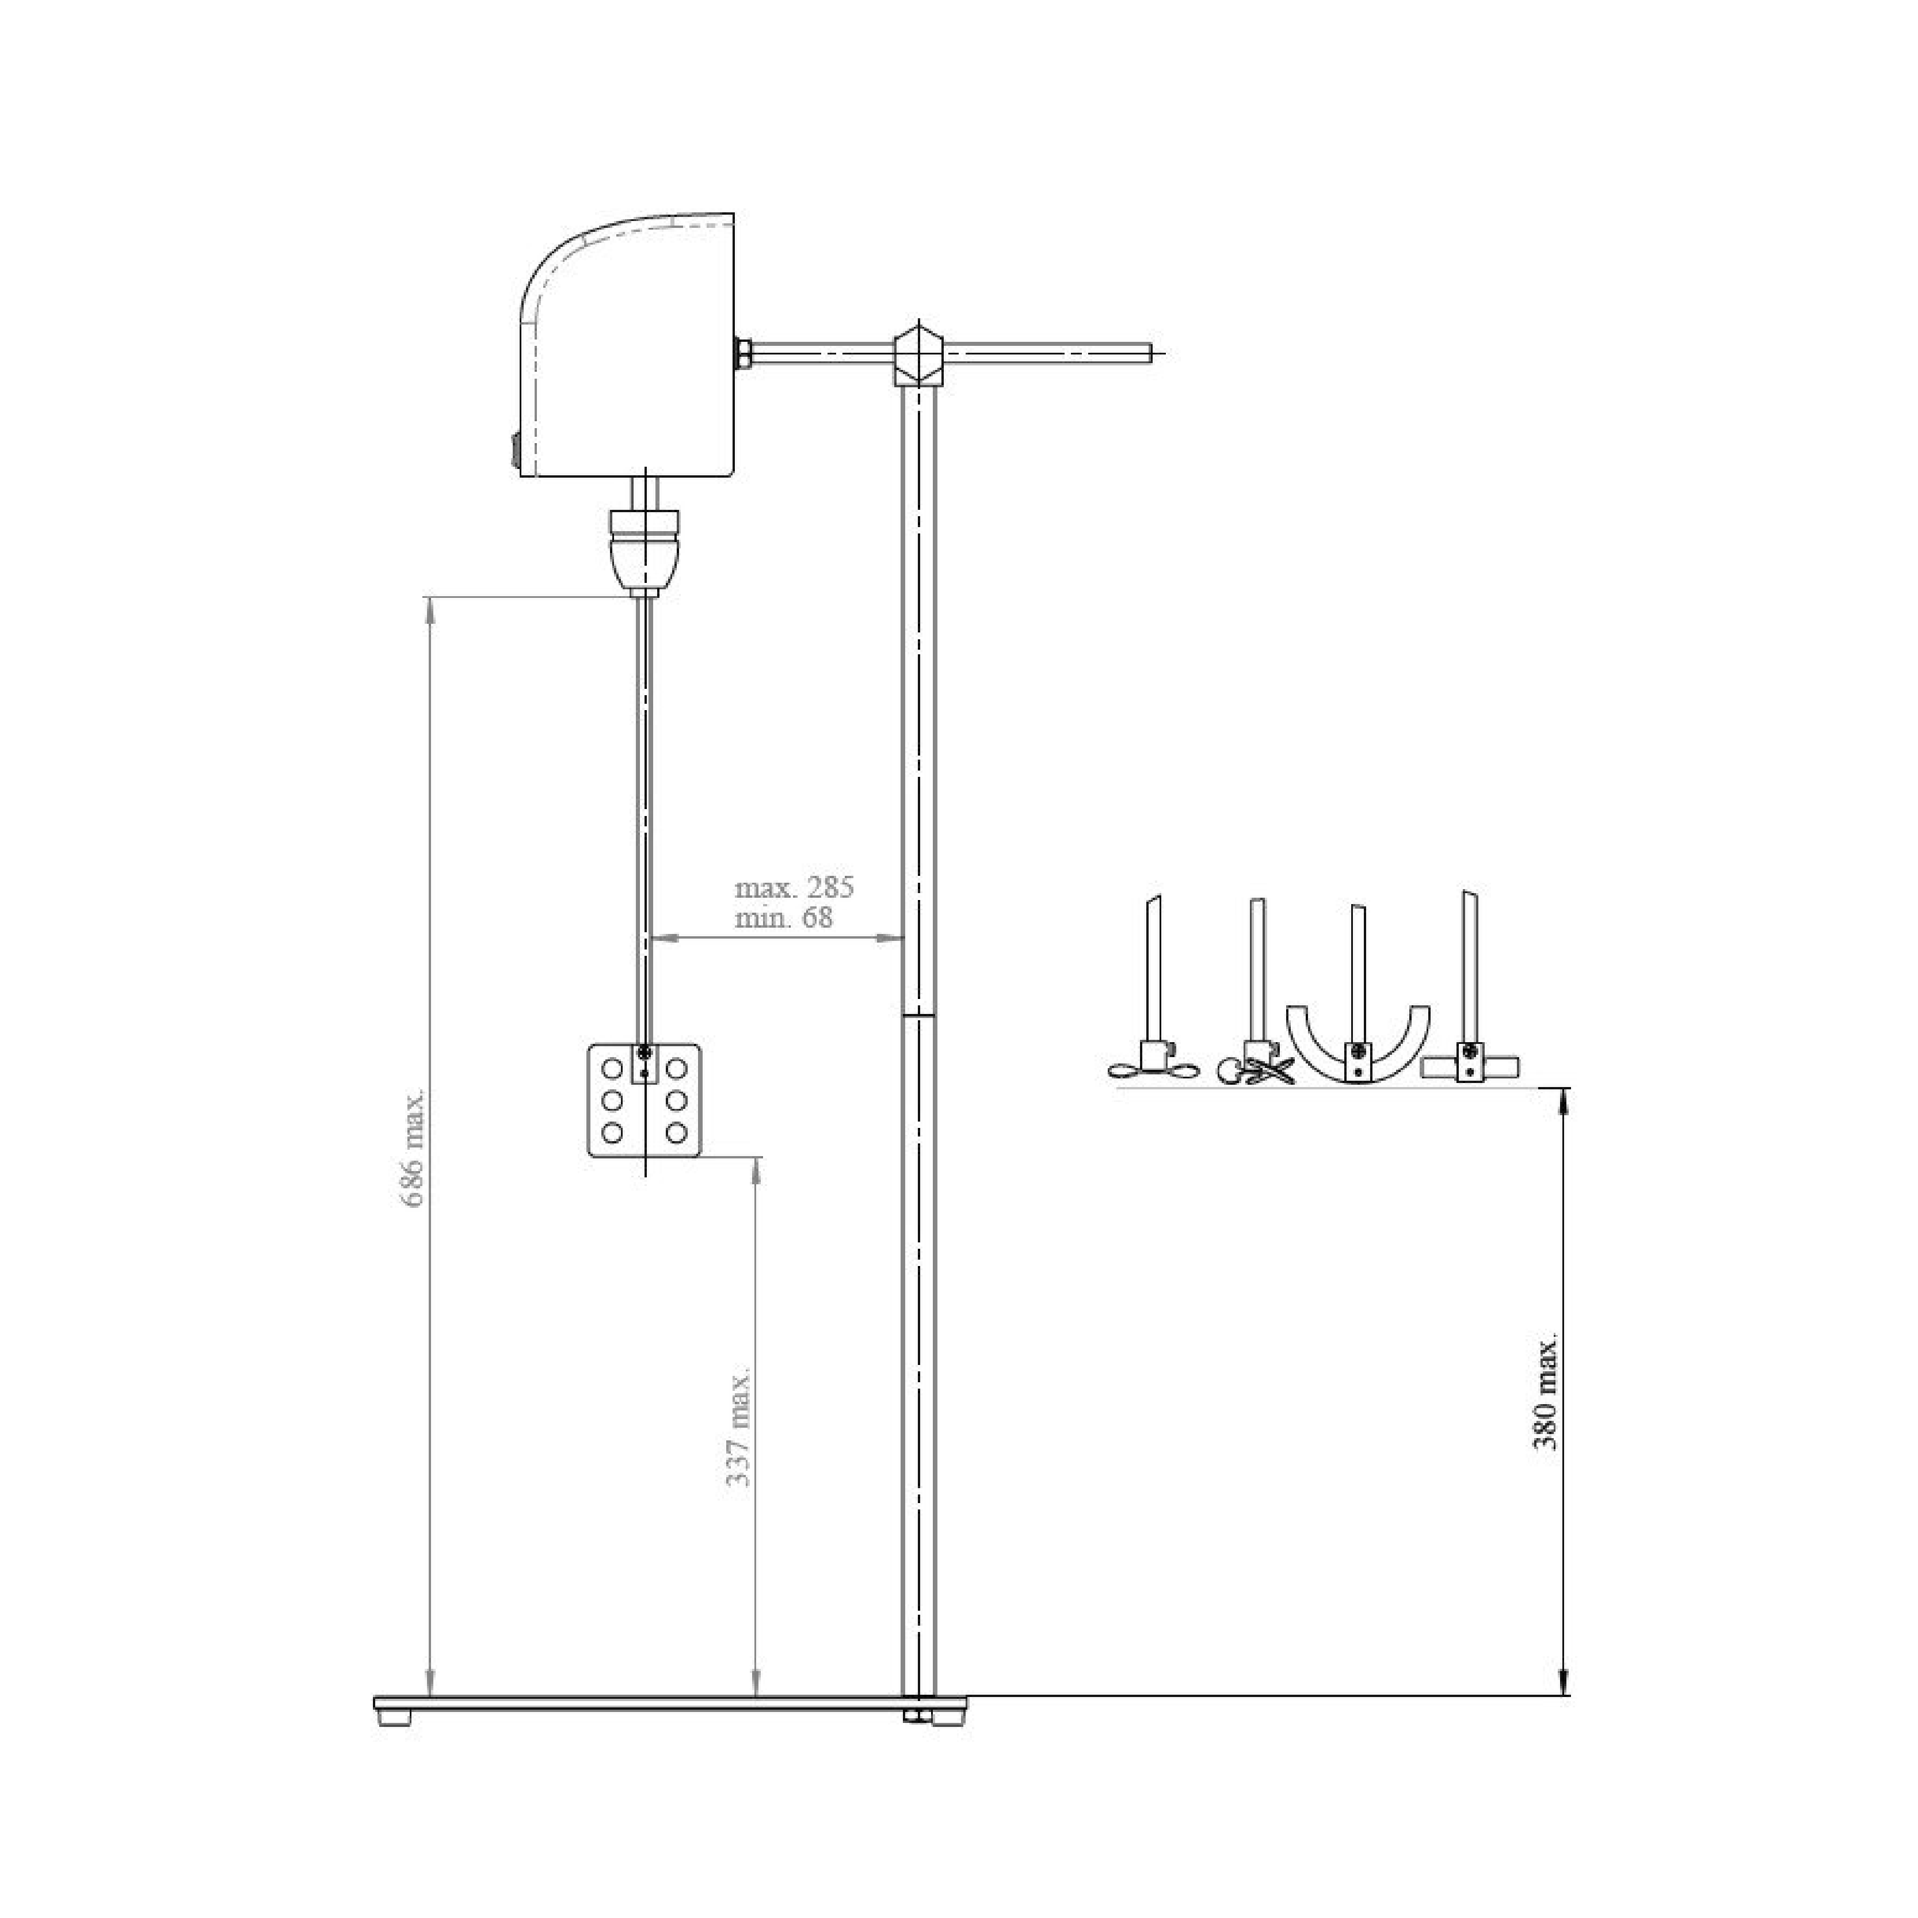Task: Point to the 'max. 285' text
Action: [x=794, y=887]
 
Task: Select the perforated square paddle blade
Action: [x=645, y=1100]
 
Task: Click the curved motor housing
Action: [x=627, y=345]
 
